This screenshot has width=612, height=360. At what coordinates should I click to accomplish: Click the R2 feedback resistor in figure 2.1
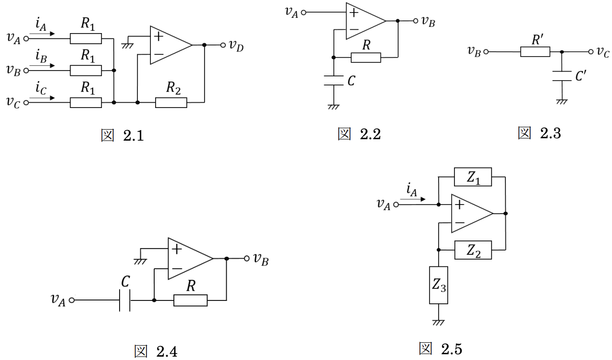(171, 103)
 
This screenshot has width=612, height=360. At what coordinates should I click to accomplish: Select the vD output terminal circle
(223, 45)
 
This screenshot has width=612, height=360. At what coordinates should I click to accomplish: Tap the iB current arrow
(42, 66)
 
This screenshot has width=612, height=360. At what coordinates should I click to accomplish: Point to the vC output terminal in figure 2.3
(591, 51)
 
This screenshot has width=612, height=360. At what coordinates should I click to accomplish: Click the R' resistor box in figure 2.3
(535, 51)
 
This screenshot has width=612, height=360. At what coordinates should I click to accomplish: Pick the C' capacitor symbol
(562, 76)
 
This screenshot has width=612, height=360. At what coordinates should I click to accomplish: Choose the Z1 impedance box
(473, 177)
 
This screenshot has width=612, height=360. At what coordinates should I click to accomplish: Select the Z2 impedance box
(473, 250)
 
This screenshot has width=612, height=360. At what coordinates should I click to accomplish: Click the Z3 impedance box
(439, 285)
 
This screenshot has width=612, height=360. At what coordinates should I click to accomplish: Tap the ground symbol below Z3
(439, 323)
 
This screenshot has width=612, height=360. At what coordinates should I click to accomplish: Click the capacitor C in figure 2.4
(124, 300)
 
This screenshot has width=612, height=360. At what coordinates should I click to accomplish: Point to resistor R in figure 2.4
(190, 300)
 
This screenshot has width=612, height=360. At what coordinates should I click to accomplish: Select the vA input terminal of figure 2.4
(72, 300)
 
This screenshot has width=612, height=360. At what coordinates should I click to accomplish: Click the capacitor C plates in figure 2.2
(333, 81)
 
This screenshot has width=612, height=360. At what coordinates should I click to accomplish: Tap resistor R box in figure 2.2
(366, 58)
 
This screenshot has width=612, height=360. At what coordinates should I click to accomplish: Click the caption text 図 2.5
(441, 349)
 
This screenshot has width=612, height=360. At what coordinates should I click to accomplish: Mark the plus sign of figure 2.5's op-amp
(460, 204)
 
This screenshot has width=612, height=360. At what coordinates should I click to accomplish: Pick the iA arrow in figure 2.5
(413, 199)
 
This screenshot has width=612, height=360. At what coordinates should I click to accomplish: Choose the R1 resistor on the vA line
(86, 39)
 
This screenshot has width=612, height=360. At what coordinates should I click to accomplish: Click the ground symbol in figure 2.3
(562, 102)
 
